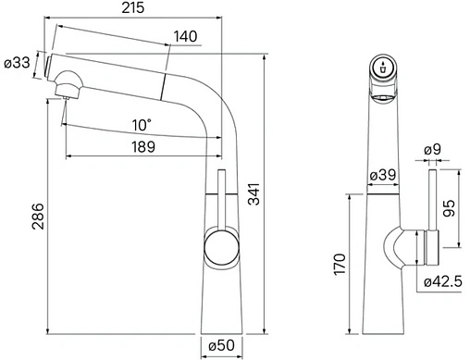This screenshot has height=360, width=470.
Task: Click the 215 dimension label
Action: click(x=132, y=7)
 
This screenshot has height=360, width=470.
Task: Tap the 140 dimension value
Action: click(x=185, y=36)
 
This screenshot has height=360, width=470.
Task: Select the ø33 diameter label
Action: click(x=18, y=63)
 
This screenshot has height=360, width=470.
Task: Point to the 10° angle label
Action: click(x=142, y=125)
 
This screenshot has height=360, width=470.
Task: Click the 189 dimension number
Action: click(x=143, y=147)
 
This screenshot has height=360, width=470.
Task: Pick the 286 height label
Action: click(x=38, y=216)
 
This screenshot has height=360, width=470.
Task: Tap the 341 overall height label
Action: click(x=254, y=193)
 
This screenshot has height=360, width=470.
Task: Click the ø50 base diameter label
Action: click(x=221, y=345)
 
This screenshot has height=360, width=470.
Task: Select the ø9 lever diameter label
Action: click(x=432, y=150)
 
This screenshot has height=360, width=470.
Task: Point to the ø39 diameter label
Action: click(x=382, y=175)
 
